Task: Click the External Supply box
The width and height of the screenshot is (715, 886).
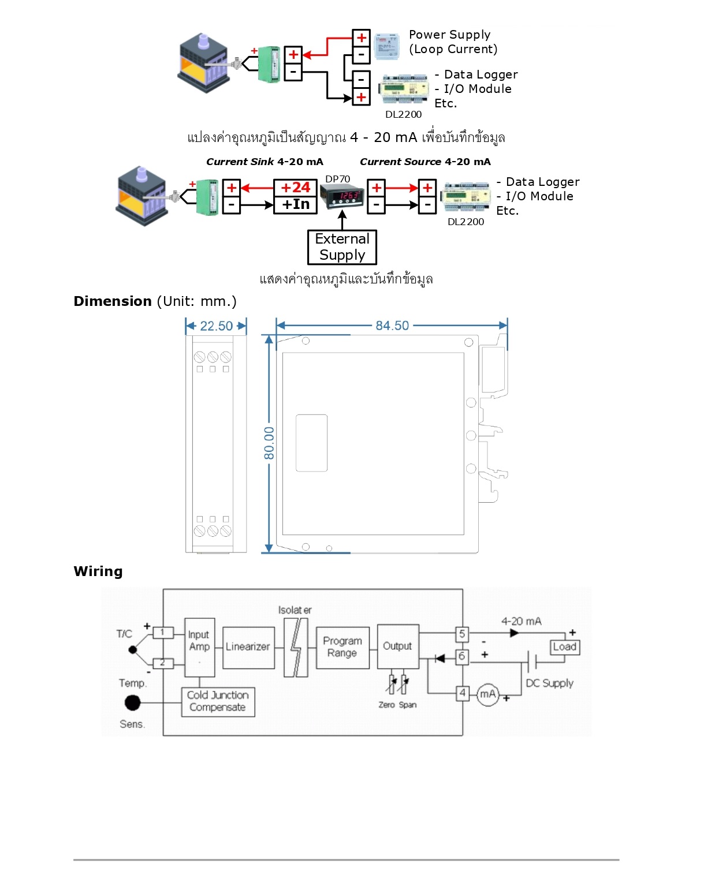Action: pyautogui.click(x=342, y=247)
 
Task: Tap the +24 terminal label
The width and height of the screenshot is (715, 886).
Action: pyautogui.click(x=295, y=188)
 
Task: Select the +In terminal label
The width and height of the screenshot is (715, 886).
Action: pyautogui.click(x=295, y=204)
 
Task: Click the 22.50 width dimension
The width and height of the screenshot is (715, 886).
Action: pyautogui.click(x=216, y=326)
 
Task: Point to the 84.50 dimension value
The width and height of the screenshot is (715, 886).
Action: pyautogui.click(x=392, y=326)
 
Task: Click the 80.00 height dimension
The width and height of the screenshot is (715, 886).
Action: pyautogui.click(x=269, y=443)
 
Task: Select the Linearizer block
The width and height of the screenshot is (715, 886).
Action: pyautogui.click(x=248, y=647)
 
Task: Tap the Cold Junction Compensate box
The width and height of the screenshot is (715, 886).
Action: pyautogui.click(x=218, y=701)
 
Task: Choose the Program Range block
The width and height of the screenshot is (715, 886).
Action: pyautogui.click(x=342, y=647)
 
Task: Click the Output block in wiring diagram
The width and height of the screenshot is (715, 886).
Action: pyautogui.click(x=398, y=646)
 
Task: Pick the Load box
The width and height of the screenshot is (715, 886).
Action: pyautogui.click(x=564, y=647)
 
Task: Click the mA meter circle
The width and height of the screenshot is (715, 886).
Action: pyautogui.click(x=488, y=694)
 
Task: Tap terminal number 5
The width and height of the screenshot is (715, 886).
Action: pyautogui.click(x=462, y=634)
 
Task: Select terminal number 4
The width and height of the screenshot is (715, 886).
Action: pyautogui.click(x=462, y=693)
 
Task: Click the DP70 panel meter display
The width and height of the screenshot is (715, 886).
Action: pyautogui.click(x=342, y=196)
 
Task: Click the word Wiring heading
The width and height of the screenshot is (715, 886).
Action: pyautogui.click(x=98, y=571)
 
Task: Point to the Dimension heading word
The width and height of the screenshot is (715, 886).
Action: pyautogui.click(x=113, y=301)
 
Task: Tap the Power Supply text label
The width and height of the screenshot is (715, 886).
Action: pyautogui.click(x=450, y=35)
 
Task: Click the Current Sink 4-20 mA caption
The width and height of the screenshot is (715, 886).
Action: pyautogui.click(x=265, y=162)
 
